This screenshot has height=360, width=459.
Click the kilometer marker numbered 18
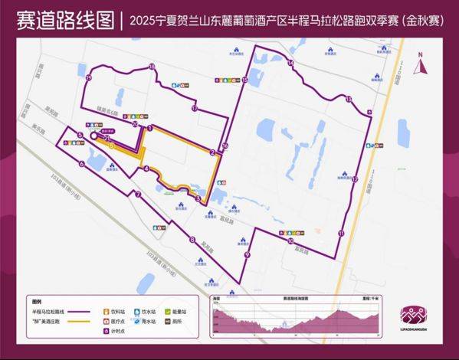[x=152, y=67]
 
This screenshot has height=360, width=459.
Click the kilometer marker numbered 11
[x=340, y=233]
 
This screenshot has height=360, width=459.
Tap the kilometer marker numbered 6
[x=81, y=162]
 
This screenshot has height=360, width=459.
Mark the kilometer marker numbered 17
[x=195, y=110]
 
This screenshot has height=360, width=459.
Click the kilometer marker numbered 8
[x=192, y=241]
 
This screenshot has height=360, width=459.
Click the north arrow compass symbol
[x=418, y=66]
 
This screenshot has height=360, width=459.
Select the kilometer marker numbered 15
[x=244, y=80]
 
